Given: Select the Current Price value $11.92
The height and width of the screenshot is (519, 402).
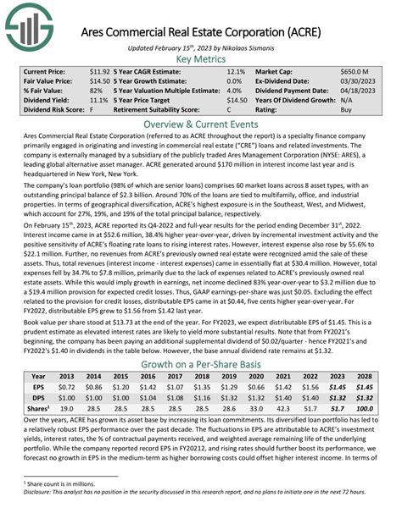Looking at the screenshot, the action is click(x=99, y=74).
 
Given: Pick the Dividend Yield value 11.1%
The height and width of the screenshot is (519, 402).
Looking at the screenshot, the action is click(x=100, y=97).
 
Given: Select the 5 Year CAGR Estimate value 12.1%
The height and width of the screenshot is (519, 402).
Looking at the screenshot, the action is click(x=235, y=74).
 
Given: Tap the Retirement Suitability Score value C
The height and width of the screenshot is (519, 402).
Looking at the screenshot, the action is click(x=229, y=109).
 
